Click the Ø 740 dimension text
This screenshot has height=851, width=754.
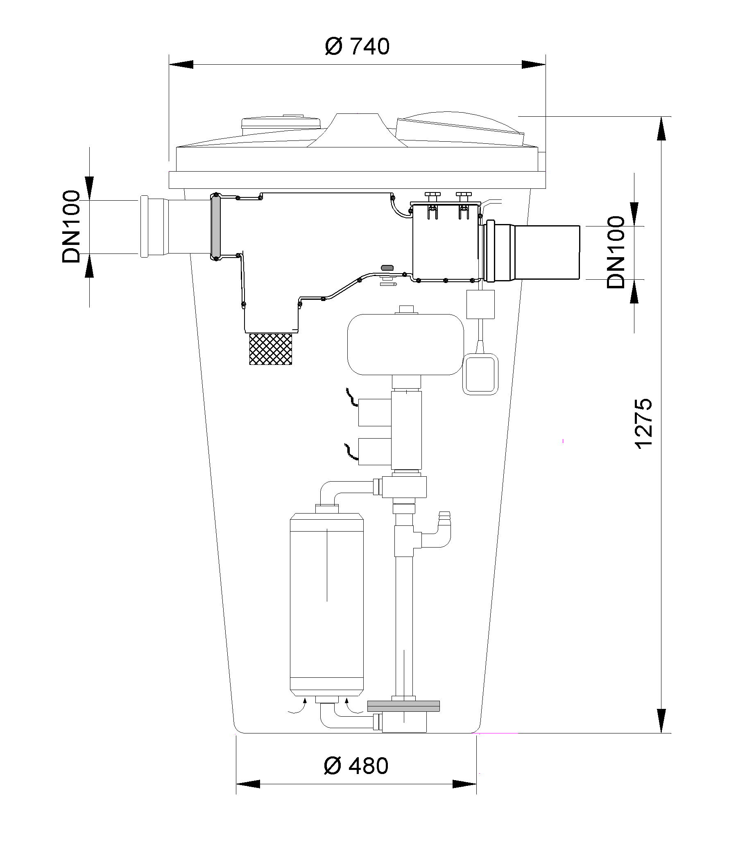point(357,46)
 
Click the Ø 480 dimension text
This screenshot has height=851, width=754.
point(356,766)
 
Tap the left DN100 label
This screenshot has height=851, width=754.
point(71,226)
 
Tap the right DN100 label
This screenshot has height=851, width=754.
point(616,252)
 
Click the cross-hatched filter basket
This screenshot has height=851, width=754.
point(271,349)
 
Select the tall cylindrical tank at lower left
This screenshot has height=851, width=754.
point(327,604)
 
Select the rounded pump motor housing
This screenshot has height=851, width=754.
point(405,344)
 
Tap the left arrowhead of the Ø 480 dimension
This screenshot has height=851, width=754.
point(249,784)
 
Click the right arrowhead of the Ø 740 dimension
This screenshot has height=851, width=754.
point(533,65)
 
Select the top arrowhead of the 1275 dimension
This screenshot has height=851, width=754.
point(661,129)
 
